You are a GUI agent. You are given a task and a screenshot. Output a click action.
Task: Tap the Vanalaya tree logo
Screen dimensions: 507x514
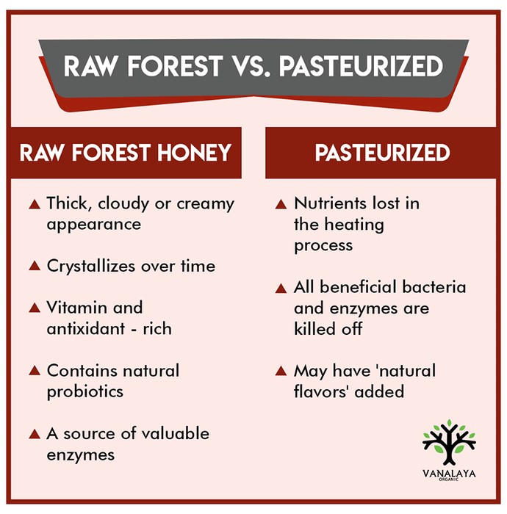pos(449,442)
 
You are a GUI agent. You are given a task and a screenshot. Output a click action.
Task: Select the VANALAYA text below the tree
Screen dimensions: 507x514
pos(449,474)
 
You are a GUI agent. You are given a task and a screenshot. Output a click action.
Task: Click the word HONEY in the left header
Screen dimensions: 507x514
pos(194,153)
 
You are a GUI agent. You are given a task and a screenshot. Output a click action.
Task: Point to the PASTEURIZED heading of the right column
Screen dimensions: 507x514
pos(382,153)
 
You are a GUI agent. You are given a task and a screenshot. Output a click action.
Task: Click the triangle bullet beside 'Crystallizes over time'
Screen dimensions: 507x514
pos(35,266)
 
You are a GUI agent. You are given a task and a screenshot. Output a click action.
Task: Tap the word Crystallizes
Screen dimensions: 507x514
pos(91,267)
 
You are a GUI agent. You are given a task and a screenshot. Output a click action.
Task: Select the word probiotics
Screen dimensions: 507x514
pos(85,391)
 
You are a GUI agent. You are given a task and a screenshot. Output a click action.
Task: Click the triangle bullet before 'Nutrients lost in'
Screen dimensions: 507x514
pos(281,204)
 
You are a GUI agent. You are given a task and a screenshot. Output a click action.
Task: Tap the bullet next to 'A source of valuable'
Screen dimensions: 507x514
pos(35,434)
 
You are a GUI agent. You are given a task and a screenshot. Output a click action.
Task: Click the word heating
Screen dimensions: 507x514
pos(354,225)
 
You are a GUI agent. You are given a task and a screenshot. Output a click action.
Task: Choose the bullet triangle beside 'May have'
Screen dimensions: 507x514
pos(281,371)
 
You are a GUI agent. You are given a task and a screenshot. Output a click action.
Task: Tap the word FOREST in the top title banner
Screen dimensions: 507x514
pos(175,66)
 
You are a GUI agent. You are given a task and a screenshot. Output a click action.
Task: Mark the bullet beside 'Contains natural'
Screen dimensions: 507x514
pos(35,371)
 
